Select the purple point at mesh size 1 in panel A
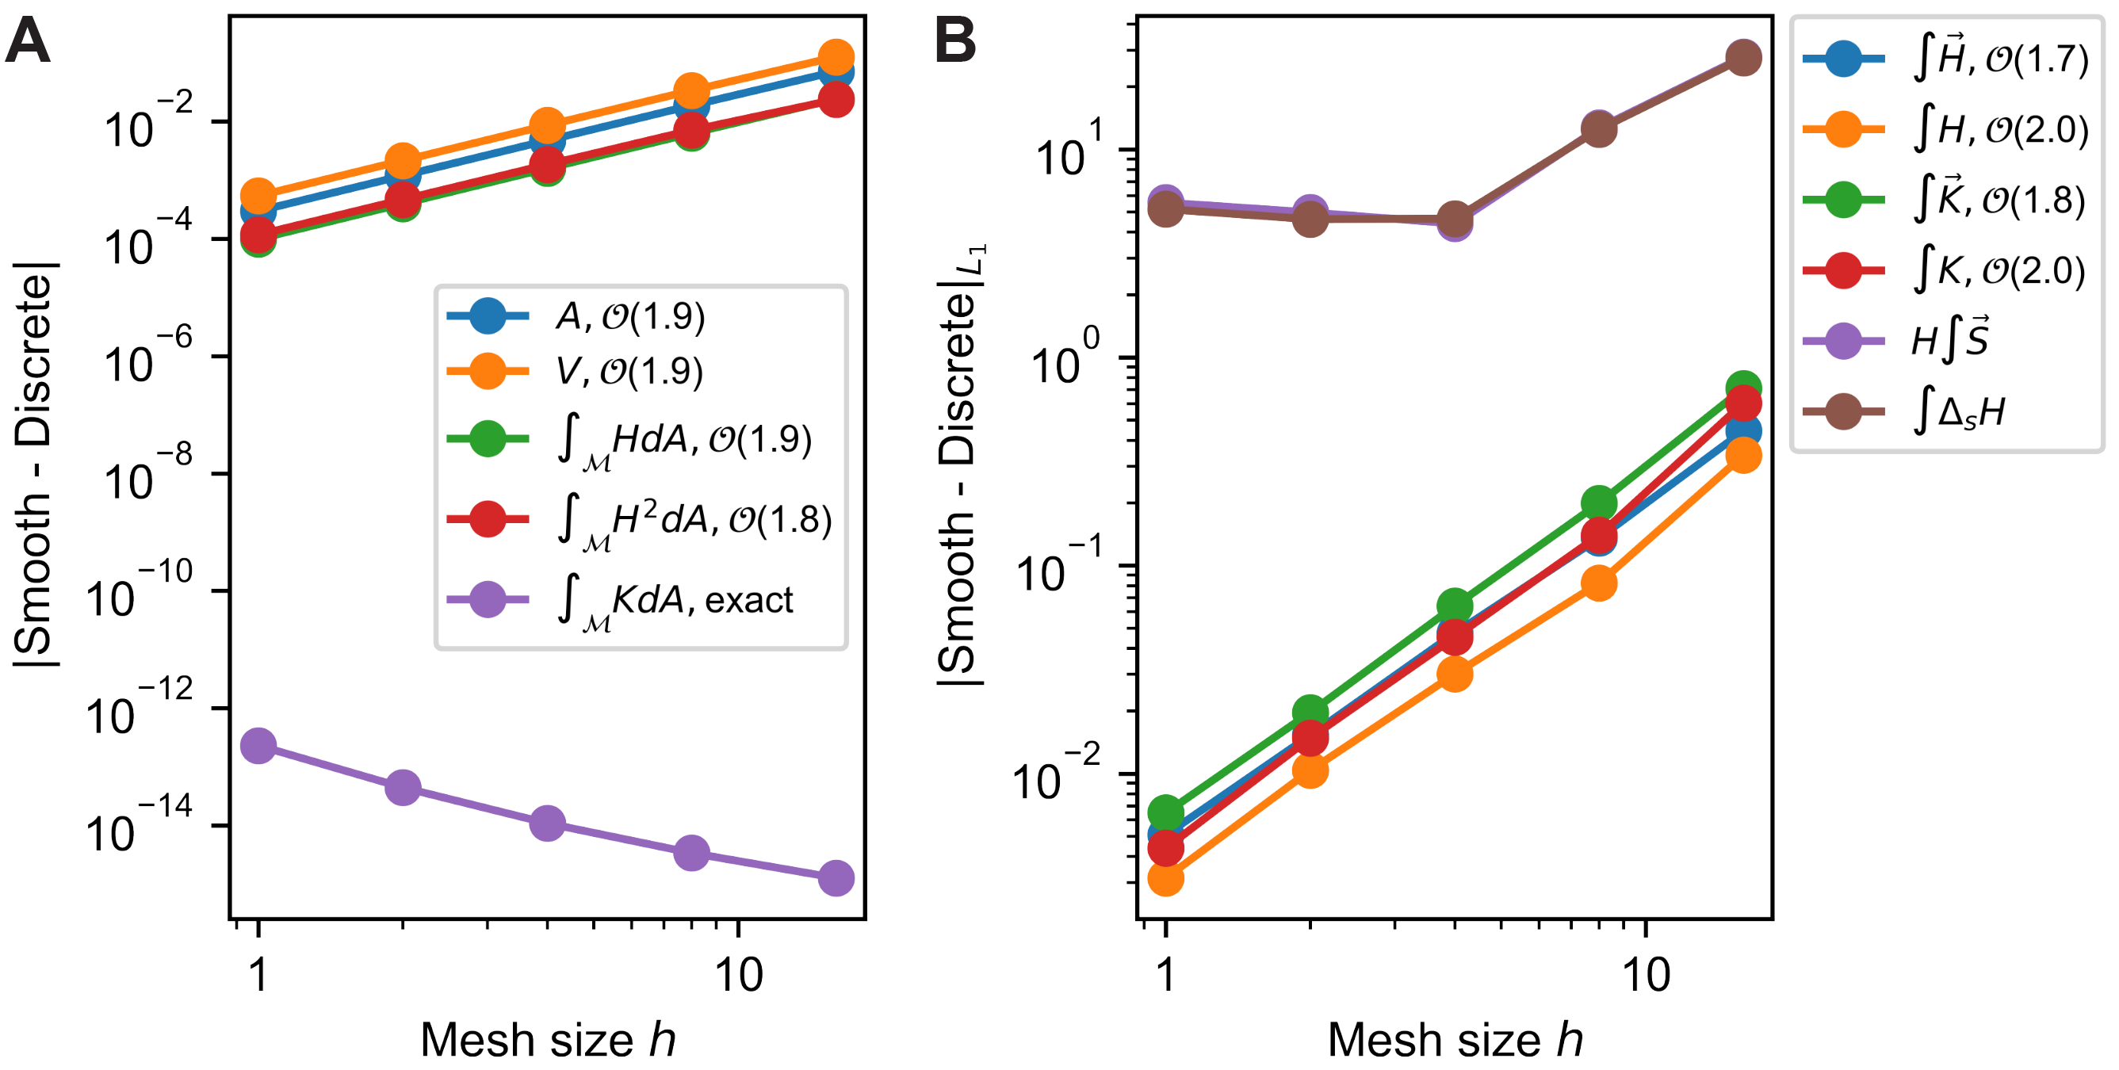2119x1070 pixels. click(x=258, y=745)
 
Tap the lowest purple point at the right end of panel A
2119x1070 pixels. click(x=836, y=878)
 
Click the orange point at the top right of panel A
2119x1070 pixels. click(x=836, y=57)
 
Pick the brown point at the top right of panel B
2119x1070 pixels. click(x=1743, y=58)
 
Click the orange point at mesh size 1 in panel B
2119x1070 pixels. click(x=1165, y=878)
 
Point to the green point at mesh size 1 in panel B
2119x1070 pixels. click(x=1165, y=812)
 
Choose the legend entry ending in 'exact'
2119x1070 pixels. click(x=675, y=600)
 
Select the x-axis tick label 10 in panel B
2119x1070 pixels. click(x=1646, y=976)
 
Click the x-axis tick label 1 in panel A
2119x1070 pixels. click(x=258, y=976)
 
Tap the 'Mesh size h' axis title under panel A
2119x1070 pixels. click(x=548, y=1040)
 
